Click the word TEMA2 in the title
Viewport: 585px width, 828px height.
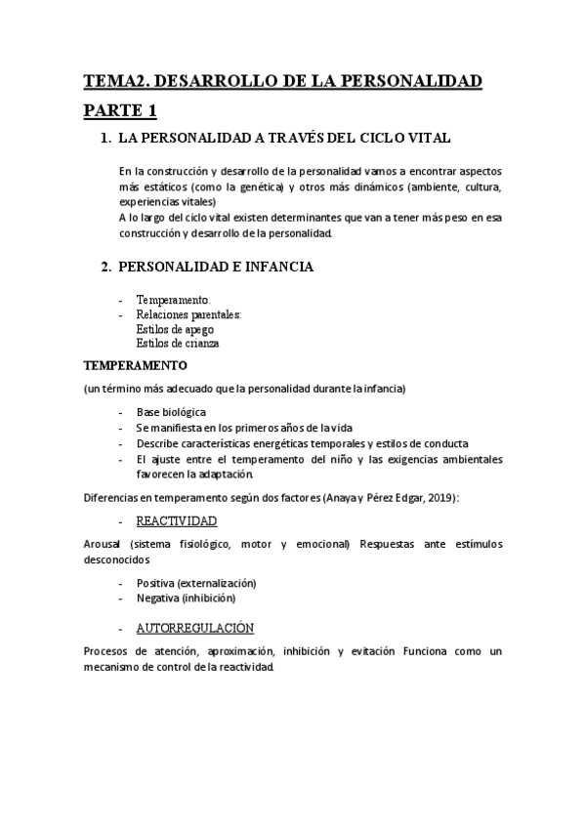click(x=113, y=81)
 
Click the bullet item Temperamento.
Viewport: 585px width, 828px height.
click(x=173, y=300)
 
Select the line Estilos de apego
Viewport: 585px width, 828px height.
click(x=176, y=329)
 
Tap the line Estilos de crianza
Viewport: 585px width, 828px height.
click(x=178, y=344)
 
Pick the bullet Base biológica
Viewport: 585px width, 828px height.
click(x=171, y=412)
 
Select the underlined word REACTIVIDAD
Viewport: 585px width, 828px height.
click(x=176, y=521)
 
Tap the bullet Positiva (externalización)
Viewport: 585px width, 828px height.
click(x=196, y=582)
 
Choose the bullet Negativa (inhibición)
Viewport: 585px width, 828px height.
click(x=186, y=598)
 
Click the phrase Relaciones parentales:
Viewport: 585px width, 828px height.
click(x=189, y=314)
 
